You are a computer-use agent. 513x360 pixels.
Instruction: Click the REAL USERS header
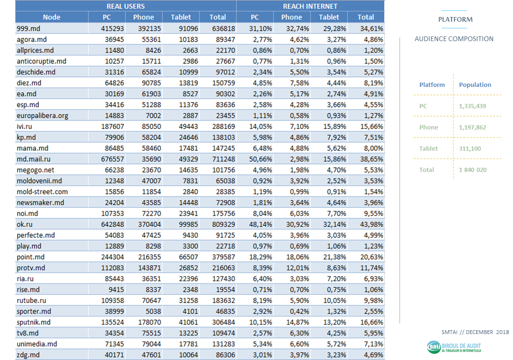coord(125,6)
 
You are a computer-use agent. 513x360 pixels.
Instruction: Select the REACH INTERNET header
coord(310,6)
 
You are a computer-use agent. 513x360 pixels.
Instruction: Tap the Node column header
coord(52,17)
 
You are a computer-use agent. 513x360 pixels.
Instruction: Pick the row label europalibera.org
coord(43,115)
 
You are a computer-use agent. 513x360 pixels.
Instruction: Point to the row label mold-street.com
coord(42,192)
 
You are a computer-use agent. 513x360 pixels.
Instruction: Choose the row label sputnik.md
coord(34,322)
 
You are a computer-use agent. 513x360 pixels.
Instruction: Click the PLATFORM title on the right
coord(455,19)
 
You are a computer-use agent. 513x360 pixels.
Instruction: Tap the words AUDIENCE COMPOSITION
coord(454,39)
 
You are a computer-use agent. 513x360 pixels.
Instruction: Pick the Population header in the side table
coord(475,85)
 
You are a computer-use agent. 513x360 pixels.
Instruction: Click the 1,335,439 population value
coord(472,106)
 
